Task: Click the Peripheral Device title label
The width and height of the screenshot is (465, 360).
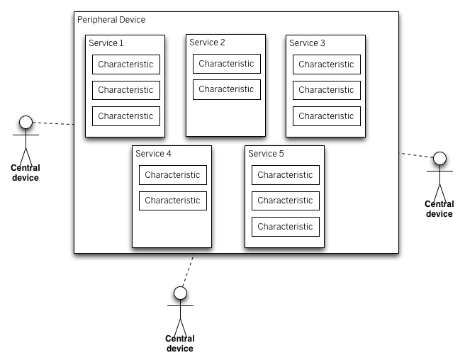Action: point(111,20)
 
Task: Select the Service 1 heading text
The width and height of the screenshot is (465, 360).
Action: point(106,43)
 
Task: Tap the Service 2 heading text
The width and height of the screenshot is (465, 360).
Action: point(207,43)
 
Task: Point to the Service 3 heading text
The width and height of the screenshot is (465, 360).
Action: point(307,43)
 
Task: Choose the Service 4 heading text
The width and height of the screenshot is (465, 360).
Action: point(153,154)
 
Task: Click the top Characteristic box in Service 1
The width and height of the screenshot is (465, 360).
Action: point(125,64)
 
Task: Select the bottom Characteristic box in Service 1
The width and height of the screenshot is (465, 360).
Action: point(125,116)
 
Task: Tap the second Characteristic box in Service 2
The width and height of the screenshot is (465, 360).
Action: point(226,89)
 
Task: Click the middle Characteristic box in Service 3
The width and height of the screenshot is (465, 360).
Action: point(326,90)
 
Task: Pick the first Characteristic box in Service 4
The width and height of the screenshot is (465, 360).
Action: point(172,175)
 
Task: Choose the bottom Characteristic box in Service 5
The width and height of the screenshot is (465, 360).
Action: point(285,227)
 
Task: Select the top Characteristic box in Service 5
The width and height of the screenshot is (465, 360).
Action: point(285,175)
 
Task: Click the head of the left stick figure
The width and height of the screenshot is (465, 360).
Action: point(26,123)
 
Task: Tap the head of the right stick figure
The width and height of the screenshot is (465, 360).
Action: point(439,158)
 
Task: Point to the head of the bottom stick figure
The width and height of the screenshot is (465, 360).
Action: point(180,293)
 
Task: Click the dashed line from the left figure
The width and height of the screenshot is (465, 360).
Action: point(53,123)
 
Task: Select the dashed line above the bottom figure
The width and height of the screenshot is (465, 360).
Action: point(188,269)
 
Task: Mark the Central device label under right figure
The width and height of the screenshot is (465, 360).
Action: point(439,209)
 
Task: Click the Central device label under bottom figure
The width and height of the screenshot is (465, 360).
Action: point(180,344)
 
